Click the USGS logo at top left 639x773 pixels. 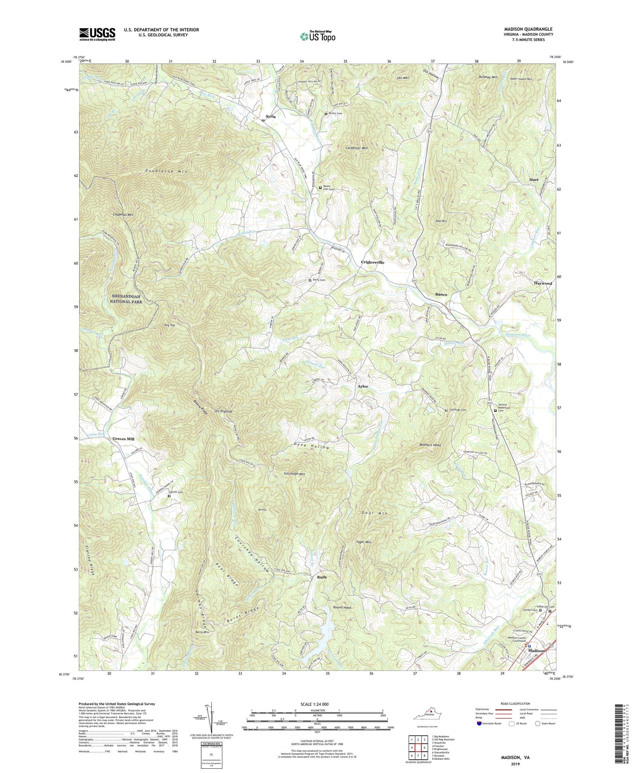pos(97,34)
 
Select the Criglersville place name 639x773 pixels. pos(372,262)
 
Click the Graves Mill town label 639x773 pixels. pos(123,439)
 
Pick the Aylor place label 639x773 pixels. pos(363,386)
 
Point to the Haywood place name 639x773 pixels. pos(543,283)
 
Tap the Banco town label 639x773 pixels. pos(441,295)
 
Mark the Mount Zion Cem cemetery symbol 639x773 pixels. pos(320,187)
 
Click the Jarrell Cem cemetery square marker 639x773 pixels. pos(169,496)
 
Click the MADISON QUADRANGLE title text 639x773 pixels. pos(528,29)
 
